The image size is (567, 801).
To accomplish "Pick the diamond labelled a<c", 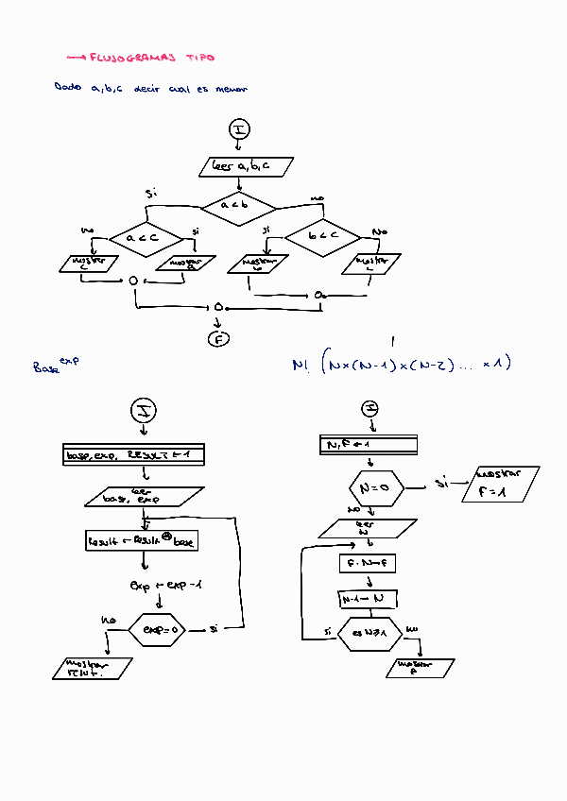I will point(146,239).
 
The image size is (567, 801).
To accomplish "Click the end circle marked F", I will point(219,338).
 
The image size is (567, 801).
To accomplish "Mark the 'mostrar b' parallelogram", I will point(261,264).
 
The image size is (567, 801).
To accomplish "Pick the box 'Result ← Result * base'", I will point(142,541).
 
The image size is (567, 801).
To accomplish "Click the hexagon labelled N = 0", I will point(369,488).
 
